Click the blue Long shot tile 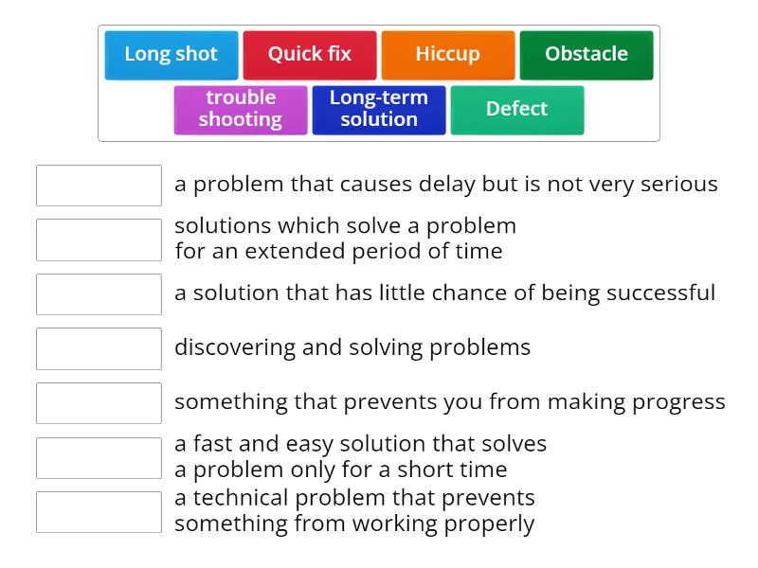(x=171, y=55)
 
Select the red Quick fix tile (x=309, y=55)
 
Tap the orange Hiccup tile (x=447, y=55)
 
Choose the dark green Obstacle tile (x=586, y=55)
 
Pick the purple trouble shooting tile (x=241, y=109)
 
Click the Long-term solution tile (x=378, y=109)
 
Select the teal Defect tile (x=516, y=109)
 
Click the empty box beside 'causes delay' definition (x=99, y=186)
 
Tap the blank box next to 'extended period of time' (x=99, y=240)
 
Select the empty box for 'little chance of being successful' (x=99, y=294)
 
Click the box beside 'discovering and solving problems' (x=99, y=348)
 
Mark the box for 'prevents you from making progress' (x=99, y=403)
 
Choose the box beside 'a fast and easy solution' (x=99, y=457)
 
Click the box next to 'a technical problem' (x=99, y=512)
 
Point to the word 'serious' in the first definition (x=679, y=185)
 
